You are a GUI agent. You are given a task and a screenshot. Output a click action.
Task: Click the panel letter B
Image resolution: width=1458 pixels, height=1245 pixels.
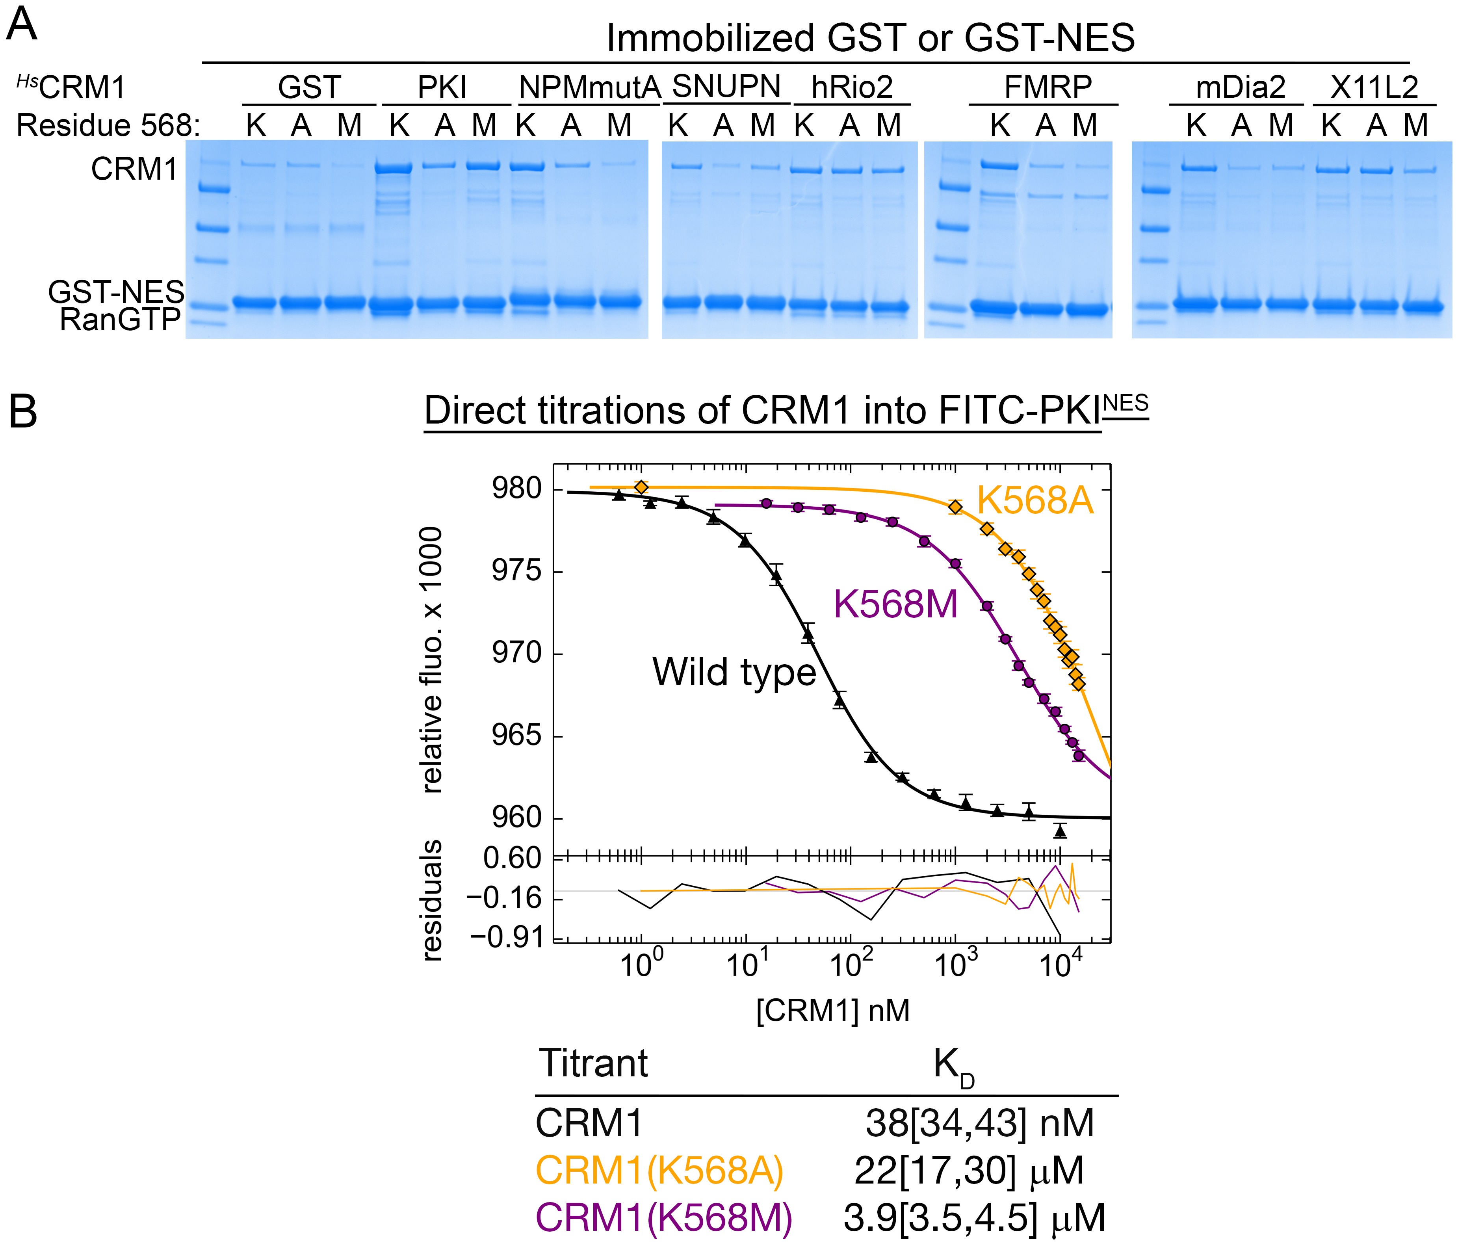pos(22,412)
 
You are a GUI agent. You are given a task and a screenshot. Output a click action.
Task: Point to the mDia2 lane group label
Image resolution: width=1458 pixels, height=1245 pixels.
pos(1241,87)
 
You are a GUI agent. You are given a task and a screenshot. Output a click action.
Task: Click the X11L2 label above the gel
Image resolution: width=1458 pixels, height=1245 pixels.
pos(1374,87)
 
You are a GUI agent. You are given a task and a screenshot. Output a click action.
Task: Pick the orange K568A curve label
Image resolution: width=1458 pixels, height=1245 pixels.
pos(1035,501)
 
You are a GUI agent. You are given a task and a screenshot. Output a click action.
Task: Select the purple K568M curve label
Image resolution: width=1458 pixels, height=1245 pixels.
pos(895,604)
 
